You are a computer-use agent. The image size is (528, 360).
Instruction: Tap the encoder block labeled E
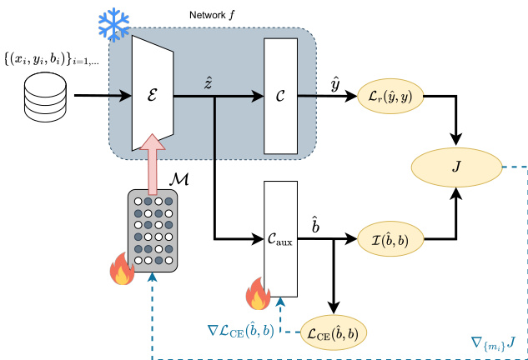(152, 96)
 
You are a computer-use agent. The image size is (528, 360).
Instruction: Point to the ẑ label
(208, 82)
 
